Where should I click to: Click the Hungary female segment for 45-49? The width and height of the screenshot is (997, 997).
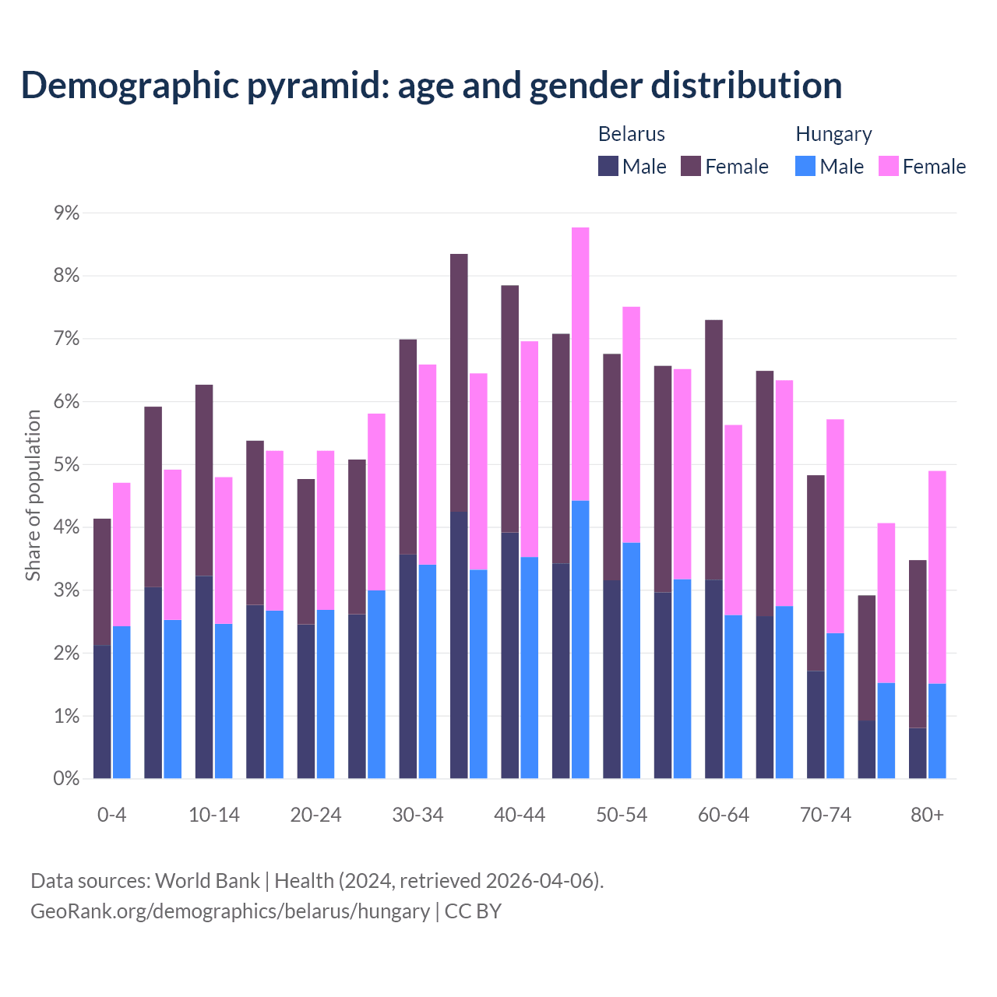coord(580,364)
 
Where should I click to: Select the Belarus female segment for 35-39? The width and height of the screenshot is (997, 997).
coord(459,382)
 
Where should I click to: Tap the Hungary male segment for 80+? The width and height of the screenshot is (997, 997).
coord(937,731)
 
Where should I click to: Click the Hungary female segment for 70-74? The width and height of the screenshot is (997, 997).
coord(835,526)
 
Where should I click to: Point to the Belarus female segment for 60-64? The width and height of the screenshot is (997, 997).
coord(713,449)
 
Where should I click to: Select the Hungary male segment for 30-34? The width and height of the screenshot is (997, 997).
coord(428,671)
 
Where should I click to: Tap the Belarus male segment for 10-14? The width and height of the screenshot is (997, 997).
coord(204,677)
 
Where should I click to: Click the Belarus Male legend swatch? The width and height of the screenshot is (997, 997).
coord(608,166)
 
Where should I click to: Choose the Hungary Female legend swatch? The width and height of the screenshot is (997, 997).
coord(888,166)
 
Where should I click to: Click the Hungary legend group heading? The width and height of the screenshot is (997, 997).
coord(833,134)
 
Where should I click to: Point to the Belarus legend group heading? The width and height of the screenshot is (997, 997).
coord(631,134)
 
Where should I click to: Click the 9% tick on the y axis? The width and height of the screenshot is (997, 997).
coord(66,213)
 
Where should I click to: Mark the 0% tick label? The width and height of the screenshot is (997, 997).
coord(66,778)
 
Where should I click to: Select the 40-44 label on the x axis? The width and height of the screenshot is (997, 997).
coord(520,816)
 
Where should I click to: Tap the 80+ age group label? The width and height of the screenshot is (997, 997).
coord(927,816)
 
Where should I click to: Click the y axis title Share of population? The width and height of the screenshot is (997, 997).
coord(33,495)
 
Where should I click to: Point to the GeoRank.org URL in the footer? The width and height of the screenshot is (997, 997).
coord(230,911)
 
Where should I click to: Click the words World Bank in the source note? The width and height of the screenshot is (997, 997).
coord(207,881)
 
